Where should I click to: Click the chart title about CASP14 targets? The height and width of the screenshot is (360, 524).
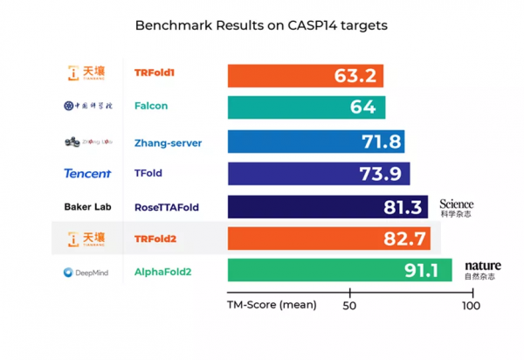(261, 25)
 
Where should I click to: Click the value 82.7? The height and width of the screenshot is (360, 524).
(404, 239)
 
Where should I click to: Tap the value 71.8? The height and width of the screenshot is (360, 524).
(381, 141)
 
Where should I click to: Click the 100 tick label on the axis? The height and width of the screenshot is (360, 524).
(471, 306)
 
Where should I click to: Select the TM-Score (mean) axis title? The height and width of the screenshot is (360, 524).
(272, 306)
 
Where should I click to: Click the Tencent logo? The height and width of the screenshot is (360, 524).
(87, 174)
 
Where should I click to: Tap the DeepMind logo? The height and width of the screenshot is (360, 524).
(86, 273)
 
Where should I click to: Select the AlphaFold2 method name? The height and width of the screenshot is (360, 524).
(163, 273)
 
